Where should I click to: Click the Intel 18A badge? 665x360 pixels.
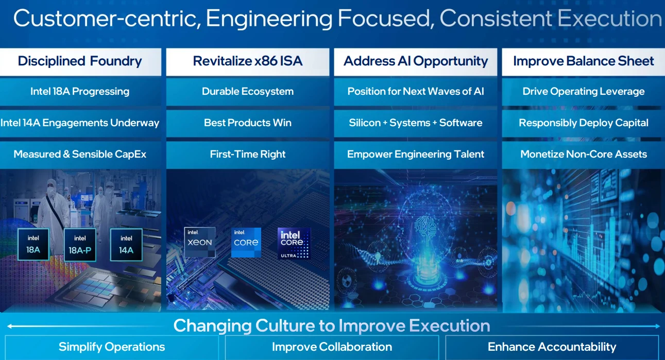(33, 245)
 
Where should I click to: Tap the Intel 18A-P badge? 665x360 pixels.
(80, 245)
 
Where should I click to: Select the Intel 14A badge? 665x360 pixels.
(126, 245)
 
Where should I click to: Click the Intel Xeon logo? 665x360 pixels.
(200, 242)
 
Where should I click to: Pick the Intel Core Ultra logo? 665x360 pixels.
(294, 244)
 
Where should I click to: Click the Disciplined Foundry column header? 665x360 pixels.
(80, 61)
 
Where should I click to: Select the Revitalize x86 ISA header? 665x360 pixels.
(248, 61)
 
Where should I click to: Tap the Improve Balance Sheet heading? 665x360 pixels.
(584, 61)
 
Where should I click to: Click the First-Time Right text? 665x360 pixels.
(248, 155)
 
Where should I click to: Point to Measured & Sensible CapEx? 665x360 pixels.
(80, 155)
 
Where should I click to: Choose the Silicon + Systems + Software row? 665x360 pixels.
(416, 123)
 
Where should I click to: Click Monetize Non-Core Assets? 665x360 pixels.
(584, 155)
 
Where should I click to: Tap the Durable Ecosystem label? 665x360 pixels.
(248, 91)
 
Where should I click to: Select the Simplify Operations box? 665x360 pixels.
(112, 347)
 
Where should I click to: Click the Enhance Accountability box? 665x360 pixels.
(552, 347)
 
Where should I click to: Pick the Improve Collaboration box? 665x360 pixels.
(332, 347)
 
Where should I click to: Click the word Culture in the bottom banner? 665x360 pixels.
(285, 326)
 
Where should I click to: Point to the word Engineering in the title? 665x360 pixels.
(269, 19)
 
